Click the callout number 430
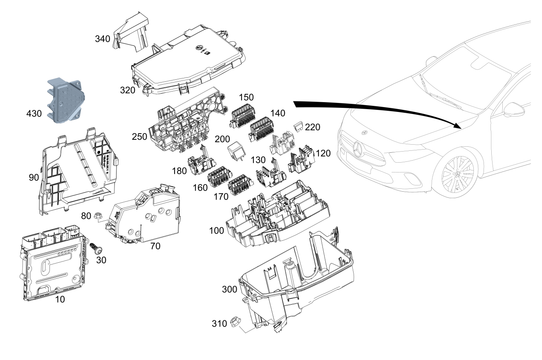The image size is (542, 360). (34, 114)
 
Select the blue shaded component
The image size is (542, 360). (66, 101)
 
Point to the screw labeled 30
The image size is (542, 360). (96, 248)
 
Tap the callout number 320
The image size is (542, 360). (128, 90)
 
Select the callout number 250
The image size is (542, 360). (139, 137)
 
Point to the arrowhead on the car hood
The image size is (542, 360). (457, 125)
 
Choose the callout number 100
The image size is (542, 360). (216, 230)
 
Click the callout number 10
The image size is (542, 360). (60, 299)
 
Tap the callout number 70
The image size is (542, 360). (155, 246)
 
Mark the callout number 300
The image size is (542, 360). (229, 289)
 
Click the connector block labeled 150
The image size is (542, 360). (243, 116)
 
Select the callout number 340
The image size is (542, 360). (102, 39)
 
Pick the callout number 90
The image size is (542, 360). (34, 178)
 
